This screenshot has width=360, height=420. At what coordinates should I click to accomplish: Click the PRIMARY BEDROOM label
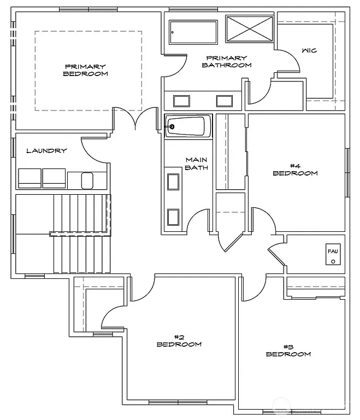85,70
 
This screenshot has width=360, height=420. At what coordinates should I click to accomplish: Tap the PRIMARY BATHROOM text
226,61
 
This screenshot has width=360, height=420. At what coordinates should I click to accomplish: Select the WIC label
309,51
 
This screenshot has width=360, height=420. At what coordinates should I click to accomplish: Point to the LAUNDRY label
46,151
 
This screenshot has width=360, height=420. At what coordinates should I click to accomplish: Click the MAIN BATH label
196,164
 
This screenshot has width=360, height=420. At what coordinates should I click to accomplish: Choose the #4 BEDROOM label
295,170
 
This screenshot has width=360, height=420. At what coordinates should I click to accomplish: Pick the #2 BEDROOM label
179,341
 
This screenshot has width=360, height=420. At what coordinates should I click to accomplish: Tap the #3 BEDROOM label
288,351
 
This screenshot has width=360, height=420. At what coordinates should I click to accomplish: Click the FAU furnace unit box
333,255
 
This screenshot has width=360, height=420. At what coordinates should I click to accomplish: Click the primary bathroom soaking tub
193,32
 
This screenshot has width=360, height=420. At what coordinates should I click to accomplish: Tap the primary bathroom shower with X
249,28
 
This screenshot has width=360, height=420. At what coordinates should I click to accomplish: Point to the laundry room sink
87,179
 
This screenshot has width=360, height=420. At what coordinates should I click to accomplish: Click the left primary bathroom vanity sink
181,101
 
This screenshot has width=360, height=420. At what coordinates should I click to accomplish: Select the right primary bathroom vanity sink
225,101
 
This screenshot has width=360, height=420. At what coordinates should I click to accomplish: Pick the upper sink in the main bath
173,182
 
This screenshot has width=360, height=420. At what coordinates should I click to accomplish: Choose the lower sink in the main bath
173,217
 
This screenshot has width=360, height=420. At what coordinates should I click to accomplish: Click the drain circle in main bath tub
172,127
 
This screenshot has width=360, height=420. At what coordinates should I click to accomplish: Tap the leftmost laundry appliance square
29,178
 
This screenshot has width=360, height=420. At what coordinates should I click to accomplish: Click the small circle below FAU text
332,262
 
